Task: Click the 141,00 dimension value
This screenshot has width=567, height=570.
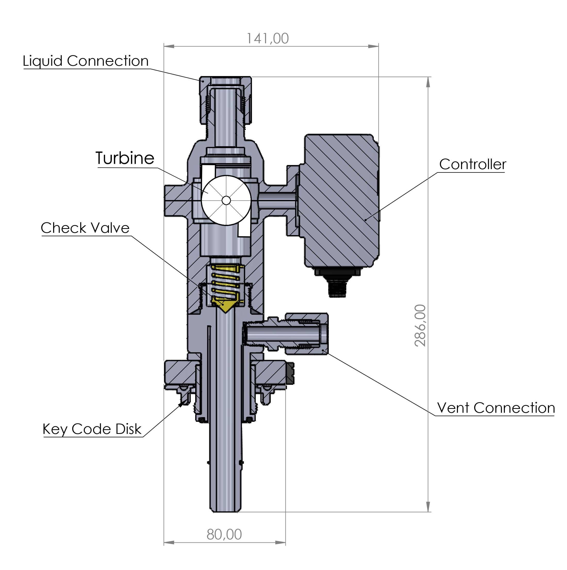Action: point(267,39)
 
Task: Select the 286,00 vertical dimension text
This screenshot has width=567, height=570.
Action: point(420,325)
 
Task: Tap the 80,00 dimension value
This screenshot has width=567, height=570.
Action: point(224,534)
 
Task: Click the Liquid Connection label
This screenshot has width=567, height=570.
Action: point(86,61)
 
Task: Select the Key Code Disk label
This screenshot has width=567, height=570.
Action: point(92,429)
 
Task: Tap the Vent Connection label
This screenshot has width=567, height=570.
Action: point(496,408)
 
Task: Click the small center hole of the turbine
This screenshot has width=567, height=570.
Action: point(226,201)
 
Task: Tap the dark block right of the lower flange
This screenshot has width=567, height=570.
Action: point(290,374)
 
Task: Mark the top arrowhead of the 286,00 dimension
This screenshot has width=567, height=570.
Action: point(428,82)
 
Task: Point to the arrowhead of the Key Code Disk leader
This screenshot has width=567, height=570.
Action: point(180,405)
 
